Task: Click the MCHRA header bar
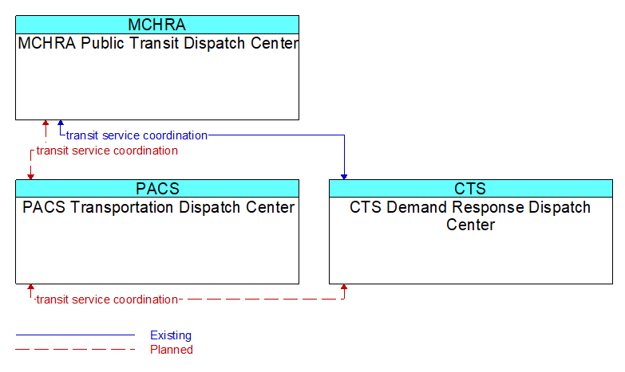tap(157, 25)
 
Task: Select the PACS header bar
tap(157, 189)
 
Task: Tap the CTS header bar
tap(471, 189)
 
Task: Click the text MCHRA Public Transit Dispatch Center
tap(158, 43)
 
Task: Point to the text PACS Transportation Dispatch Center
tap(158, 207)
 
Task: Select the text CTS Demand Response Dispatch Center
tap(470, 216)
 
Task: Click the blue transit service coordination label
tap(136, 135)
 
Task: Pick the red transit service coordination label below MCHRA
tap(107, 151)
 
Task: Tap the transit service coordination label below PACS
tap(107, 300)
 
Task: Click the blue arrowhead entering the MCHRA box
tap(61, 123)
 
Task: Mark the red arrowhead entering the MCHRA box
tap(45, 123)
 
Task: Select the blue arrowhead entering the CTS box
tap(344, 177)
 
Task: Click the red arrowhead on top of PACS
tap(30, 177)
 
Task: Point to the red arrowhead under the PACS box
tap(30, 287)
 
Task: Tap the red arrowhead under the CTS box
tap(344, 287)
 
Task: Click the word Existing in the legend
tap(171, 335)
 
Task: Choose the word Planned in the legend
tap(172, 350)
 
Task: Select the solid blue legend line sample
tap(75, 335)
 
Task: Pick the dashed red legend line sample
tap(75, 350)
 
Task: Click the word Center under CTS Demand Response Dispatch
tap(470, 225)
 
